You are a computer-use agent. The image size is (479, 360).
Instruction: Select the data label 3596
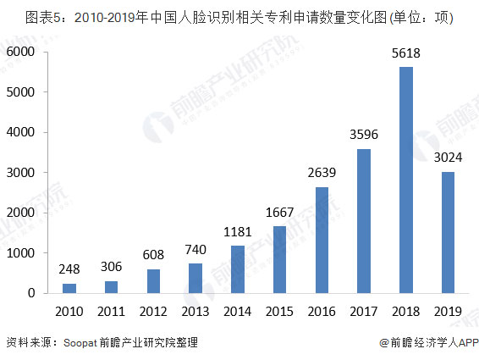coord(365,136)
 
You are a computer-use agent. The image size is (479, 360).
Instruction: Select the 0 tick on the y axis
coord(30,294)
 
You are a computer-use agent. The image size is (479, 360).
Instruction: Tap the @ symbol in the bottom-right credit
coord(383,343)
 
